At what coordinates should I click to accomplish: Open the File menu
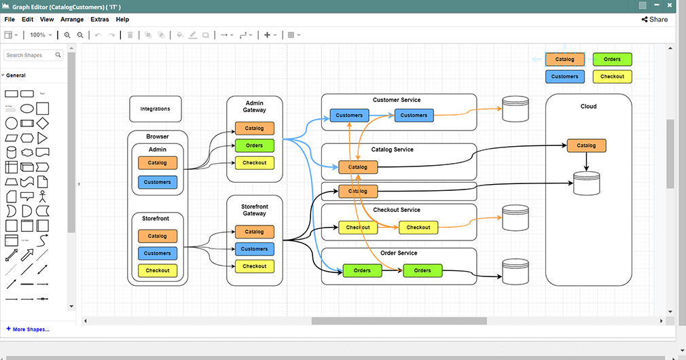(x=10, y=20)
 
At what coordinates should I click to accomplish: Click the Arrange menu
(x=72, y=20)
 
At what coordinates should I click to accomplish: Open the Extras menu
(x=100, y=20)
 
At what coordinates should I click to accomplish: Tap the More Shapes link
(x=28, y=329)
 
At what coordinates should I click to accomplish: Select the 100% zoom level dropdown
(x=41, y=35)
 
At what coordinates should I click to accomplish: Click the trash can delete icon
(x=130, y=35)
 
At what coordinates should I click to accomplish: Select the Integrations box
(x=156, y=109)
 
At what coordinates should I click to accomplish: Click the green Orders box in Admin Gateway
(x=254, y=145)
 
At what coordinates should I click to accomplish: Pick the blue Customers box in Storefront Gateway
(x=254, y=249)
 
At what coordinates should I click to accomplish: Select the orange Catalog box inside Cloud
(x=586, y=145)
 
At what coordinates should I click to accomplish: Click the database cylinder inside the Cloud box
(x=587, y=183)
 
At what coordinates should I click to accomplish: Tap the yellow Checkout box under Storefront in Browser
(x=158, y=270)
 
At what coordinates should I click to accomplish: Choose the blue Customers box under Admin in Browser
(x=158, y=182)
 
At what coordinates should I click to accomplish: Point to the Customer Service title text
(x=397, y=100)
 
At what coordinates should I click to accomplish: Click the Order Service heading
(x=399, y=253)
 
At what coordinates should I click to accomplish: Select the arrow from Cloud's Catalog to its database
(x=586, y=162)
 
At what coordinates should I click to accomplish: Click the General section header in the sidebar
(x=16, y=75)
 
